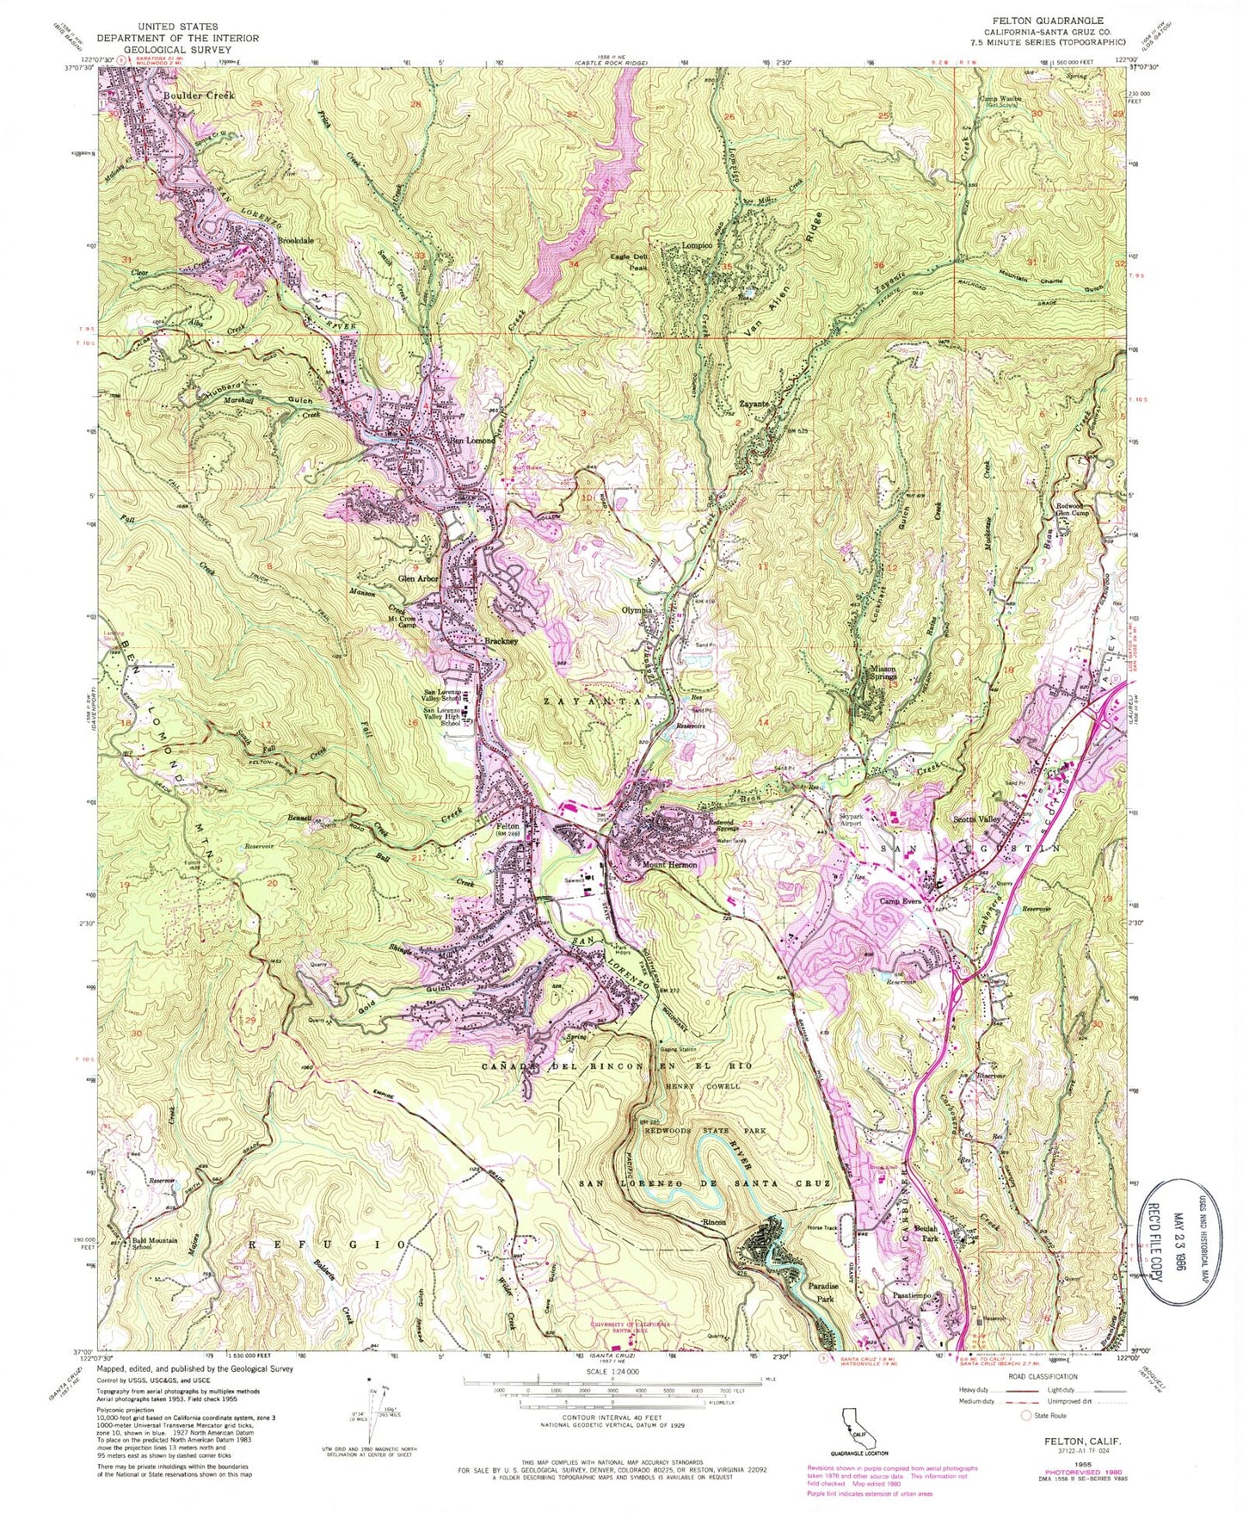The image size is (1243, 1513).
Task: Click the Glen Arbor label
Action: tap(417, 579)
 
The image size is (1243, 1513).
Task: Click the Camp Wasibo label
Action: tap(1001, 98)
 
